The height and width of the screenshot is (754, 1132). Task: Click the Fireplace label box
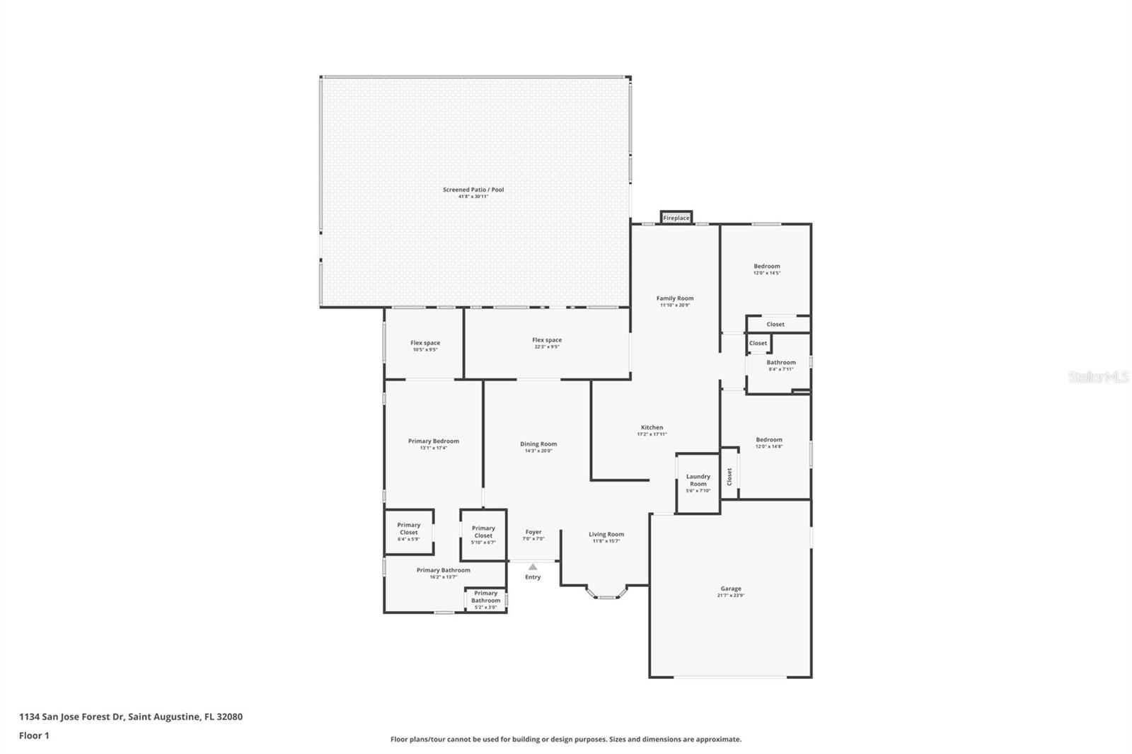click(x=676, y=218)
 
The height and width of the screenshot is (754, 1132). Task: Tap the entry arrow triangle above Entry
click(x=533, y=567)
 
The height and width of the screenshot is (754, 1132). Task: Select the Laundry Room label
click(x=698, y=480)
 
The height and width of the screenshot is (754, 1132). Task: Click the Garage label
click(x=731, y=588)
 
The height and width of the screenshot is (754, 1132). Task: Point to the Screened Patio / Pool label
click(x=473, y=190)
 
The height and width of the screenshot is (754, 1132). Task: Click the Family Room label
click(x=675, y=298)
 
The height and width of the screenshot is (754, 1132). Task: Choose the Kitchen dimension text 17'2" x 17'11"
click(x=652, y=434)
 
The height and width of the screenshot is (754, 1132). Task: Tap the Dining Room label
click(x=538, y=444)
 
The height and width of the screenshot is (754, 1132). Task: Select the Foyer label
click(x=533, y=532)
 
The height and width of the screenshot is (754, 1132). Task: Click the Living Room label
click(x=606, y=535)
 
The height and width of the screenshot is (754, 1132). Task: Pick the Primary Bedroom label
click(x=434, y=441)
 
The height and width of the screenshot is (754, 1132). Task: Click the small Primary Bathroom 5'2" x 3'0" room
click(x=485, y=600)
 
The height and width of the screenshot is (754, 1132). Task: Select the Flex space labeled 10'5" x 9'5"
click(x=425, y=346)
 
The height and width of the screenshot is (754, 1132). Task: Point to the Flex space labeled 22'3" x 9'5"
click(x=547, y=343)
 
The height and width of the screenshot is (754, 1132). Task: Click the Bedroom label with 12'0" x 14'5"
click(x=767, y=267)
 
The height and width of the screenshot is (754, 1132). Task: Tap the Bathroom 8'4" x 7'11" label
click(x=781, y=363)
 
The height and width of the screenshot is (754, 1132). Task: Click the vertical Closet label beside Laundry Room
click(x=729, y=476)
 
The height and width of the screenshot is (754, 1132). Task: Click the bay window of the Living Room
click(x=606, y=596)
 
